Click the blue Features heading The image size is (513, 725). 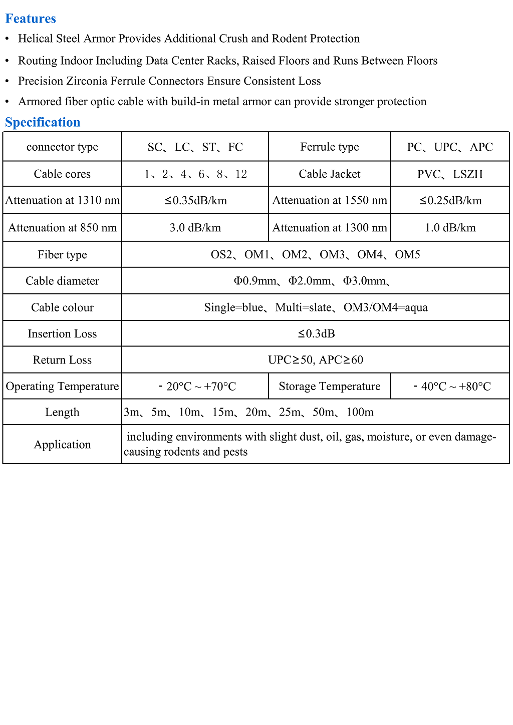[31, 19]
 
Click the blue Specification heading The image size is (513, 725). [43, 122]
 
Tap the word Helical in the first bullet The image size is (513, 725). [36, 39]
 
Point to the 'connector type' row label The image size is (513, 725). [62, 147]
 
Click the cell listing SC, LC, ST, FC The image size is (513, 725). [195, 147]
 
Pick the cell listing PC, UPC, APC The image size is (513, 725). [450, 147]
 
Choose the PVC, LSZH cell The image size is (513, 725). [450, 174]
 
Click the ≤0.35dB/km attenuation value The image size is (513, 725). [195, 201]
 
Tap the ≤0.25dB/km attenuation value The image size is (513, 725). [450, 201]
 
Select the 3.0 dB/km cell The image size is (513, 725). [195, 228]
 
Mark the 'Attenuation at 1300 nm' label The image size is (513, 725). [330, 228]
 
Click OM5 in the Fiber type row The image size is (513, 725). [407, 255]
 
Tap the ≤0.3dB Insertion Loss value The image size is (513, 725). [316, 333]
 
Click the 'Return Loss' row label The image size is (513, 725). [62, 360]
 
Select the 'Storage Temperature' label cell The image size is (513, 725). [330, 386]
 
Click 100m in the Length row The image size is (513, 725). [360, 412]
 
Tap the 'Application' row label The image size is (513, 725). [62, 445]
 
